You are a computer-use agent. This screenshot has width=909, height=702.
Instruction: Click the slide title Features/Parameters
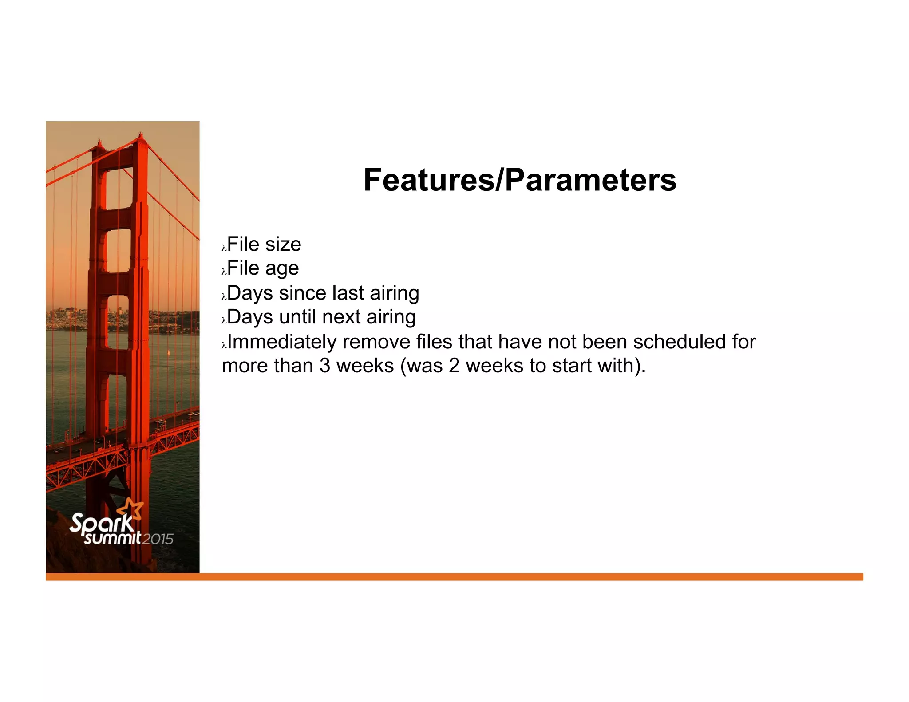tap(520, 180)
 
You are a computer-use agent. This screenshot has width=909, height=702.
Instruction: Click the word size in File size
tap(283, 245)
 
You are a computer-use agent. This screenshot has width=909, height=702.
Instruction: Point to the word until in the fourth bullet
tap(298, 317)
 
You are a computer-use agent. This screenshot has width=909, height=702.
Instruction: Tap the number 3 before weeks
tap(325, 366)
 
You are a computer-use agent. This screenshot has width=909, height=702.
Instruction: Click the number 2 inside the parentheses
tap(454, 366)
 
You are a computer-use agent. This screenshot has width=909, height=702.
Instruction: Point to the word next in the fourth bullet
tap(341, 317)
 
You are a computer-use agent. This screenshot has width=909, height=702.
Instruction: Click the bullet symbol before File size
tap(224, 248)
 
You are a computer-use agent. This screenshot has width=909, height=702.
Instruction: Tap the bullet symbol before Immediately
tap(224, 345)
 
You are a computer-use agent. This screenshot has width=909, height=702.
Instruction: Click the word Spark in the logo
tap(101, 523)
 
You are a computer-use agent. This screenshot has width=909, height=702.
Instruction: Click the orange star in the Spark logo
tap(132, 508)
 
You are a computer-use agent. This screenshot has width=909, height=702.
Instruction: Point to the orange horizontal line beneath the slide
tap(488, 576)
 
